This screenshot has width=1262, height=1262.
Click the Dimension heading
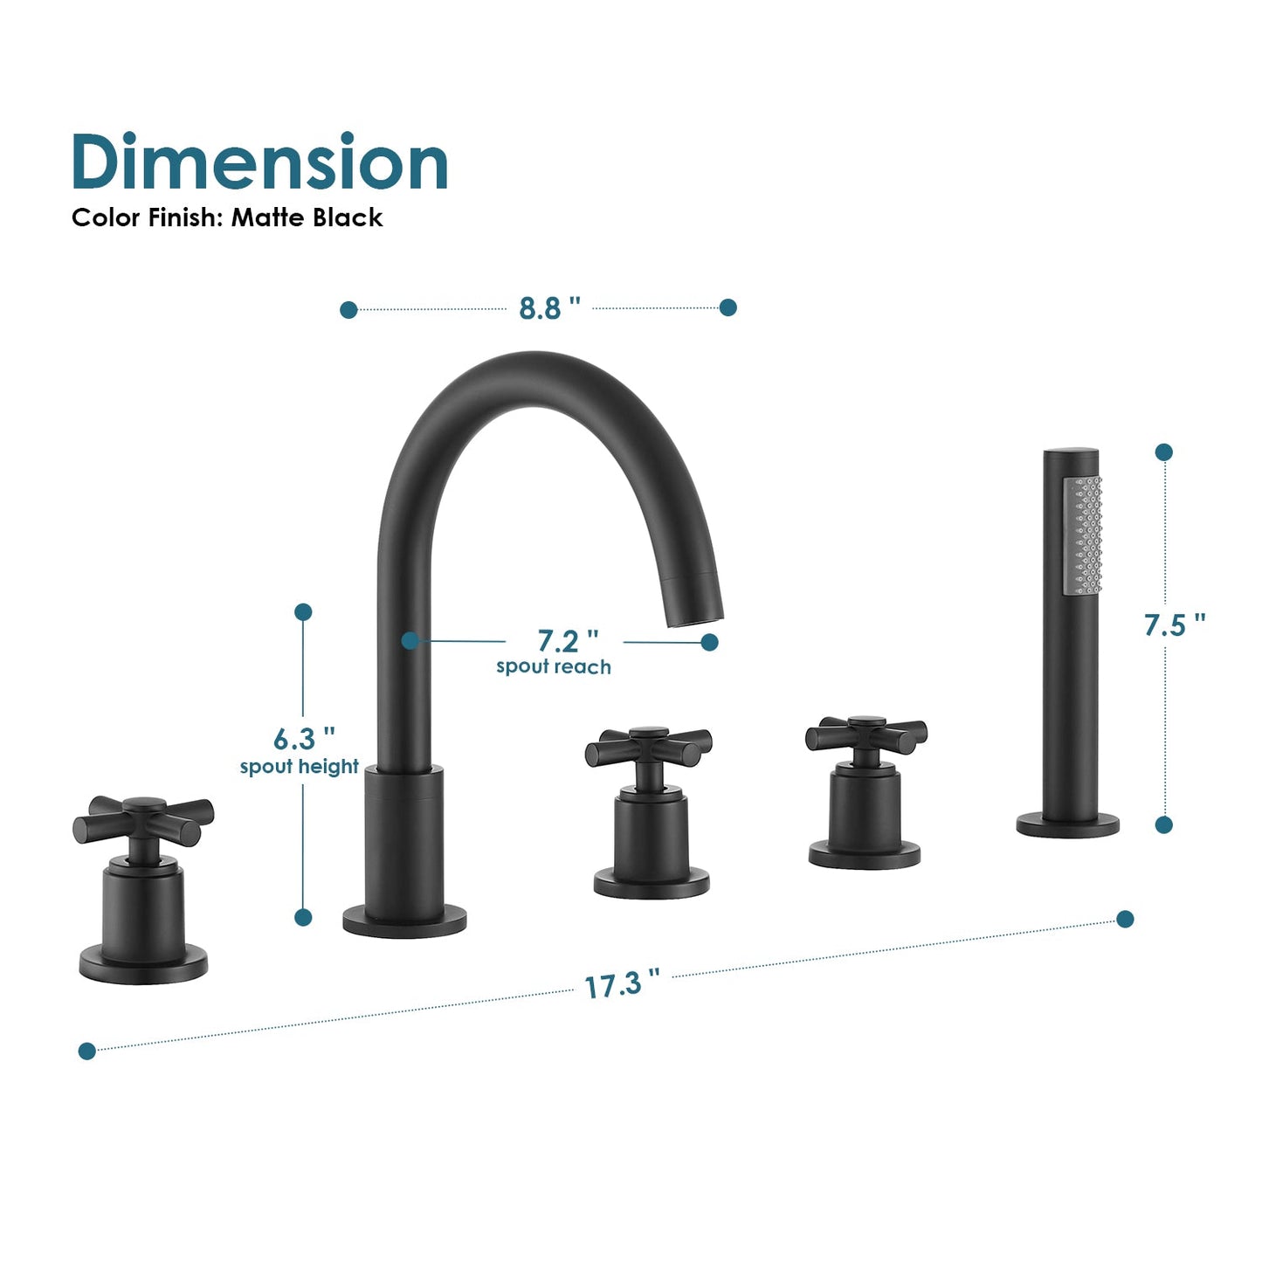[259, 161]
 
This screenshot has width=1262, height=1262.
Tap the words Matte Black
[307, 217]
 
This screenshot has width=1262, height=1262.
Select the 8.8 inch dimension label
[549, 307]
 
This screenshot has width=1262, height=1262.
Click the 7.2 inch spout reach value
[568, 641]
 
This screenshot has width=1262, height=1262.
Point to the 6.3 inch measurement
[305, 739]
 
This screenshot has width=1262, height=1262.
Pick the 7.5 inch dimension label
[1175, 624]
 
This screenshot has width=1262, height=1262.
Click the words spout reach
[554, 666]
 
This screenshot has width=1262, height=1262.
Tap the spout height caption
[300, 766]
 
